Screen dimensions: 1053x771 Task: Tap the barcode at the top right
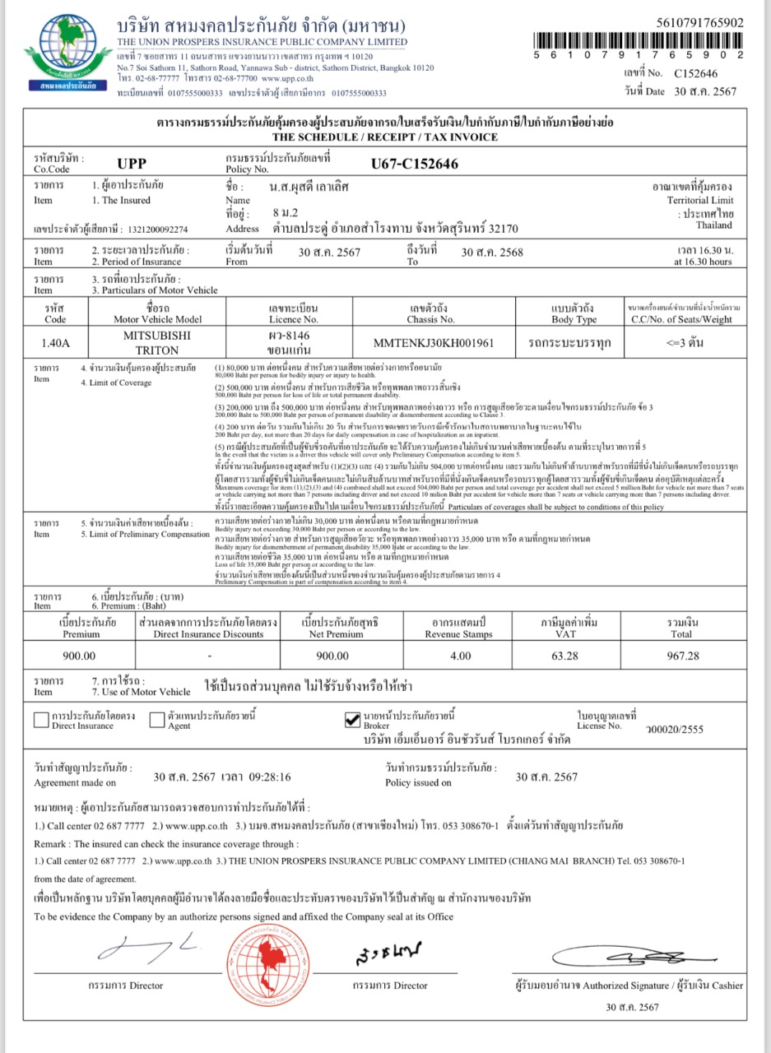pyautogui.click(x=639, y=39)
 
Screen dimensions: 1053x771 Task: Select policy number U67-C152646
pyautogui.click(x=414, y=164)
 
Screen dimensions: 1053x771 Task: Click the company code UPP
pyautogui.click(x=132, y=163)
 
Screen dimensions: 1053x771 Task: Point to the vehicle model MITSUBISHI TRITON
pyautogui.click(x=156, y=343)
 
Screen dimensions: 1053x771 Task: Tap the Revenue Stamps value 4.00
pyautogui.click(x=460, y=656)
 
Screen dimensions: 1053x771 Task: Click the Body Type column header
pyautogui.click(x=574, y=314)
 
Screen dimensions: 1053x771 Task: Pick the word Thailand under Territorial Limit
pyautogui.click(x=713, y=225)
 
